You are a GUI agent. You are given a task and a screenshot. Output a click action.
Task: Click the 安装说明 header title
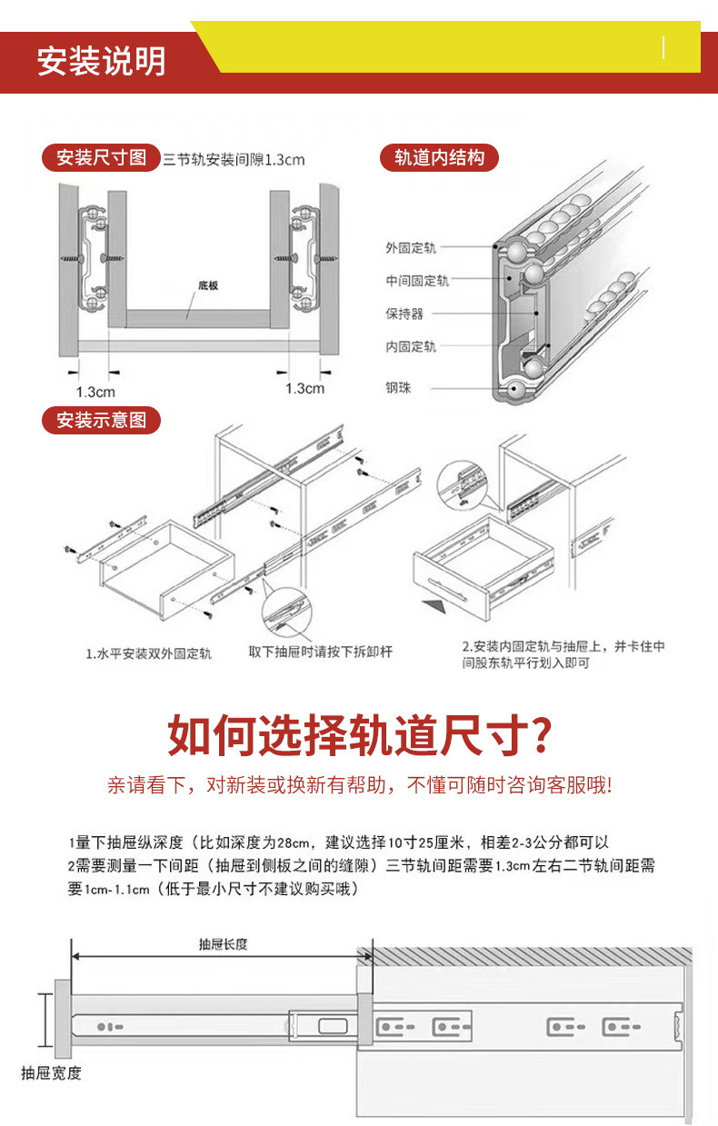tap(101, 61)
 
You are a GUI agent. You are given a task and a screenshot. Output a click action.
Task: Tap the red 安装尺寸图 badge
tap(101, 158)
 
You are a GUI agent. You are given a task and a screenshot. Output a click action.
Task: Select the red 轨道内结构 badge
tap(439, 158)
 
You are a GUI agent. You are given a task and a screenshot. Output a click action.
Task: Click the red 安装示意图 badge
tap(101, 421)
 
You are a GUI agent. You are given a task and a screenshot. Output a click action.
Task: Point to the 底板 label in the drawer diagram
tap(208, 285)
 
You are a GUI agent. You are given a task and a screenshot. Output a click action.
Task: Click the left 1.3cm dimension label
tap(95, 392)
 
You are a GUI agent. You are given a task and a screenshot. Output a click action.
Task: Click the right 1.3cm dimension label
tap(304, 388)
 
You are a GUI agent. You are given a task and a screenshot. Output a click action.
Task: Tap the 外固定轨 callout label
tap(410, 247)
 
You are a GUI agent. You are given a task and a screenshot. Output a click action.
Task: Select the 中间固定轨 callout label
tap(416, 281)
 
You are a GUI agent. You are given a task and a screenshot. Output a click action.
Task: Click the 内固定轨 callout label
tap(410, 346)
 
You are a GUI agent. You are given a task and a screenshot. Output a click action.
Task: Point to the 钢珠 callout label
tap(398, 388)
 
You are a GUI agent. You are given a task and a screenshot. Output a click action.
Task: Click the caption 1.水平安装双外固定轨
tap(149, 653)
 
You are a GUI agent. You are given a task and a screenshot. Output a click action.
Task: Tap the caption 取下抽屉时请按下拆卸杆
tap(321, 652)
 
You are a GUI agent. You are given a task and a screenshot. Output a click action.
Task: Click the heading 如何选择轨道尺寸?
tap(359, 735)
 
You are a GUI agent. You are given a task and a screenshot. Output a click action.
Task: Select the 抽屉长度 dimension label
tap(223, 944)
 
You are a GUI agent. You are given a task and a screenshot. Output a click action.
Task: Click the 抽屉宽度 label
tap(52, 1073)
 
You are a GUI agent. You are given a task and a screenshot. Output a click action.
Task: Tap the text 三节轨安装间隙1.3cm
tap(234, 160)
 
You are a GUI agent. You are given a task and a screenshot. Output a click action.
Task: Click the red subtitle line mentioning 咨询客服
tap(359, 785)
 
